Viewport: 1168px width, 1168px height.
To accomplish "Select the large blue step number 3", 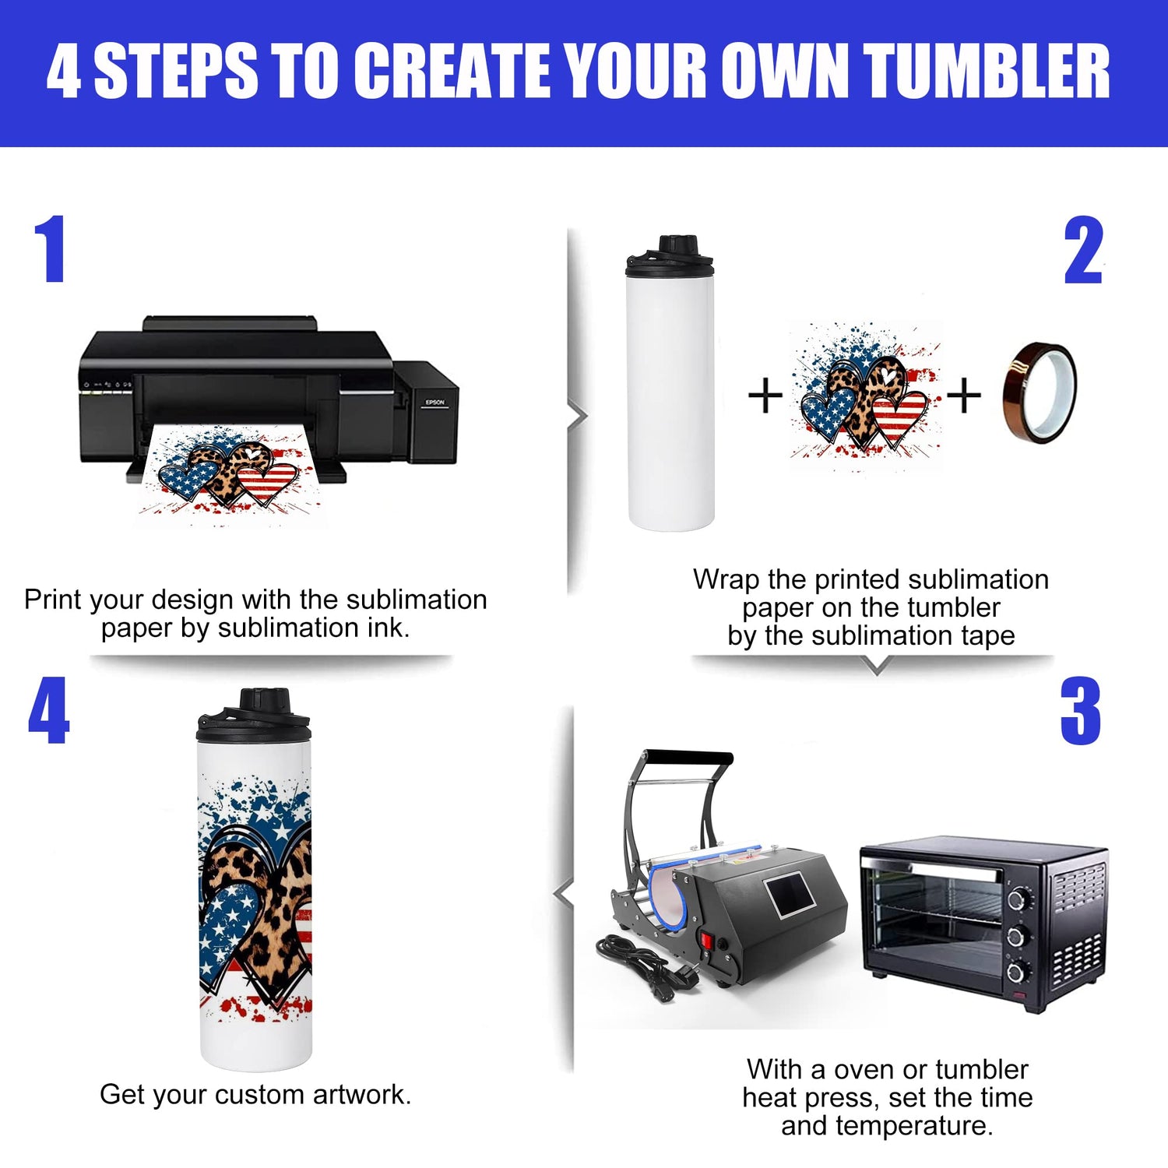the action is (x=1081, y=711).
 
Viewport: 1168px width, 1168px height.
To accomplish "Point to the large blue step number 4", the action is (x=48, y=710).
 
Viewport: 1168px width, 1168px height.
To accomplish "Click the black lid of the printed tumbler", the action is (x=254, y=714).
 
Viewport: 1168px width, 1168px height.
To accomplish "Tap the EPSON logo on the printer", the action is (x=434, y=403).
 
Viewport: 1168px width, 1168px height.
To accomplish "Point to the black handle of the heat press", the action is (x=688, y=758).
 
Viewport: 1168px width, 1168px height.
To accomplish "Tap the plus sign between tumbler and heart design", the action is (x=765, y=395).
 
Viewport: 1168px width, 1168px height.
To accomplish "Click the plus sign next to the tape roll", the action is (x=963, y=395).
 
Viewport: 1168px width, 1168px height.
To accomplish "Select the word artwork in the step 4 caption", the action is (x=362, y=1095).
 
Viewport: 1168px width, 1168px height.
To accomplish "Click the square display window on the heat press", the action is (x=790, y=895).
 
